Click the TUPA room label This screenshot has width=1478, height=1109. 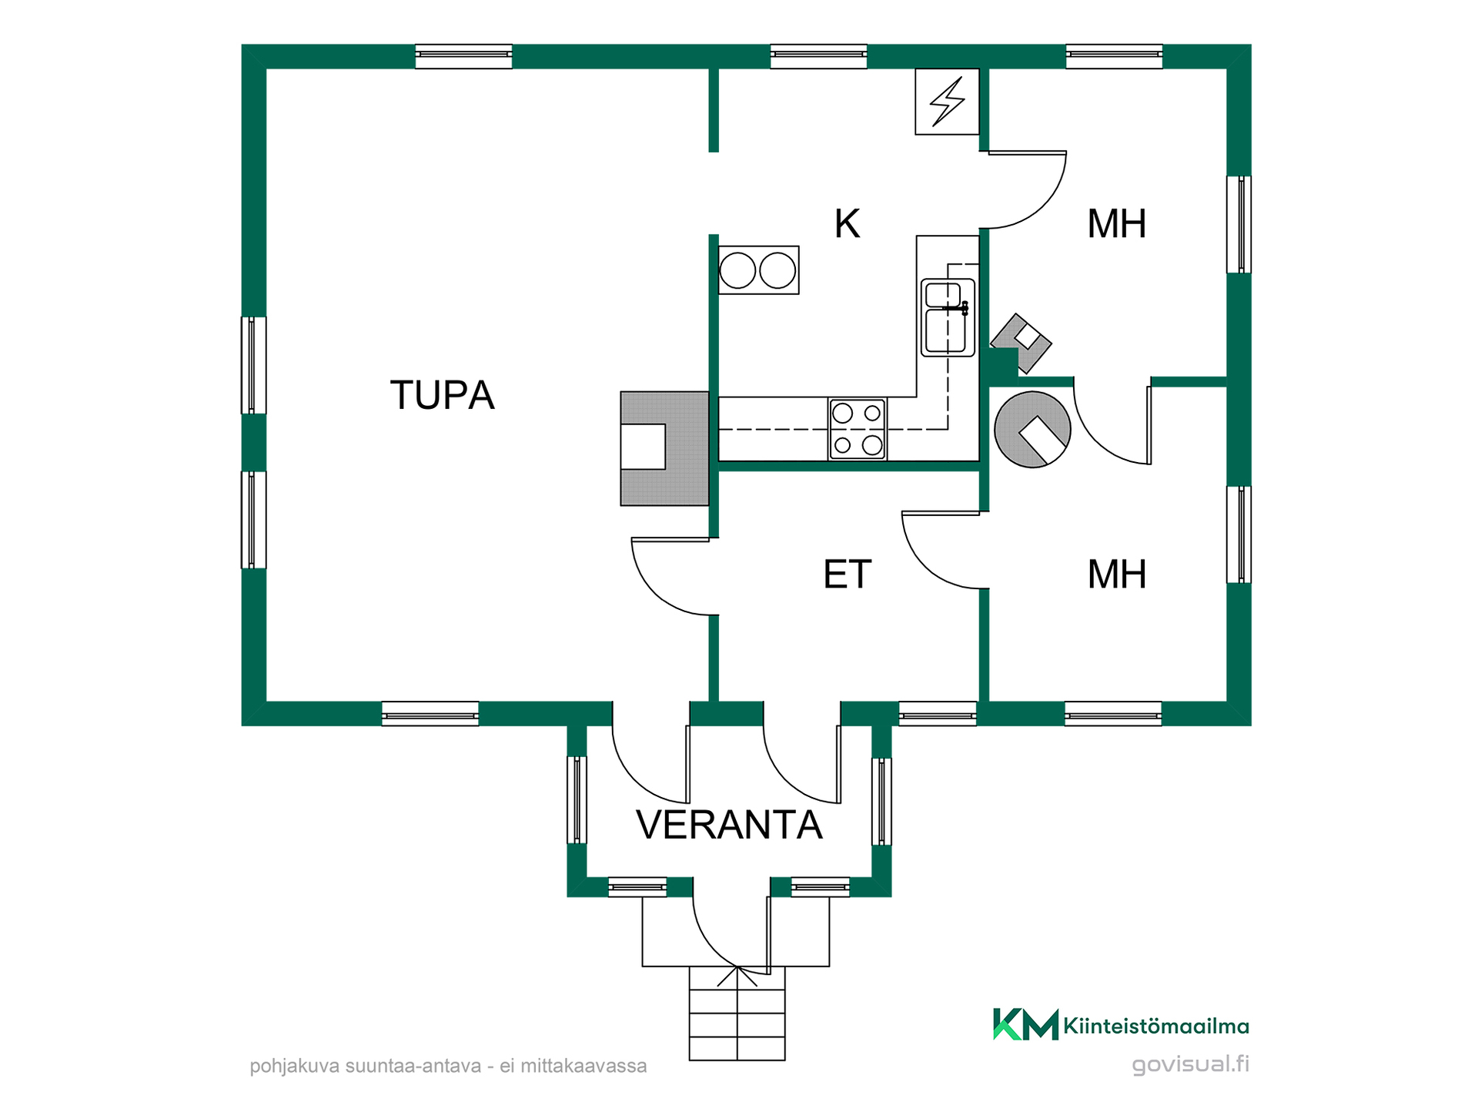(x=442, y=395)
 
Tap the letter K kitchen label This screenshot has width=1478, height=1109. (x=847, y=224)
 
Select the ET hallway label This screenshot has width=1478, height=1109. (x=847, y=575)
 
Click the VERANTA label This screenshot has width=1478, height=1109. (x=729, y=825)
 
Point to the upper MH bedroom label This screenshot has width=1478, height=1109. (x=1116, y=224)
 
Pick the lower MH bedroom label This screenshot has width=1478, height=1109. (x=1116, y=575)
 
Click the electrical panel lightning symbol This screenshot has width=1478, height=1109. (x=947, y=102)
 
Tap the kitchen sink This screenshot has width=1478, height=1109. (x=948, y=317)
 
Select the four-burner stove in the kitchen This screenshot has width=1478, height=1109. (x=858, y=429)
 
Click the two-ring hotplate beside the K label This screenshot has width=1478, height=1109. (x=758, y=270)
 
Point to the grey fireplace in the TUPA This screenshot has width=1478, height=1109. (x=664, y=449)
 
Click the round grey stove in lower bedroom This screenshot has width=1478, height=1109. (x=1032, y=430)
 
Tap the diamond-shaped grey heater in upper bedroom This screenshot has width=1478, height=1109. (x=1022, y=343)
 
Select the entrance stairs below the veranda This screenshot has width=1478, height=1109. (x=737, y=1014)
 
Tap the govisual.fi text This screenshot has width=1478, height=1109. (x=1190, y=1064)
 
